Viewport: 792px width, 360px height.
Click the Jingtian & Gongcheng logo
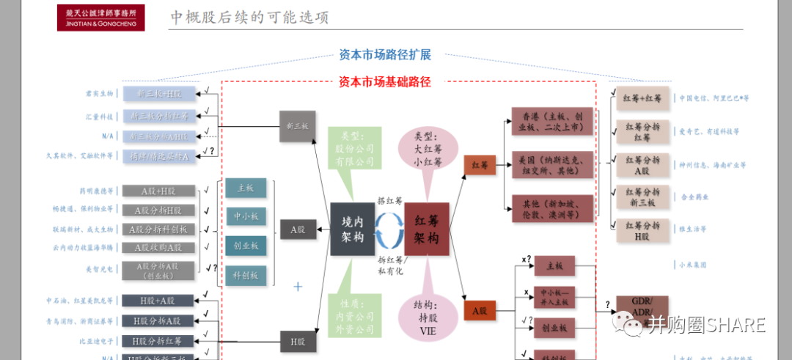100,18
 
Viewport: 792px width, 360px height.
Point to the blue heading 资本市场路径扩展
385,55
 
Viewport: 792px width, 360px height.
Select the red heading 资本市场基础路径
385,82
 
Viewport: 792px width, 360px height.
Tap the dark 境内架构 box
353,229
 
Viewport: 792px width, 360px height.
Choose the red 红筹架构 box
426,229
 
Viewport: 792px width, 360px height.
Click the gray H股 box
298,341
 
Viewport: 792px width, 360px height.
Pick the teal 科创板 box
246,275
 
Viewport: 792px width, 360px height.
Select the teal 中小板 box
246,216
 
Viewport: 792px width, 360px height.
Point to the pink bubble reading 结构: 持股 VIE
423,316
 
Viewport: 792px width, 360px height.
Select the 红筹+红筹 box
642,98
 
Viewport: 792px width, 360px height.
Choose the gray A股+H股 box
159,191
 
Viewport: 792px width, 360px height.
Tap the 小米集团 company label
692,265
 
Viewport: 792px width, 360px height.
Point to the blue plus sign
298,286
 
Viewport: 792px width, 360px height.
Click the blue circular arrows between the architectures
389,229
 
